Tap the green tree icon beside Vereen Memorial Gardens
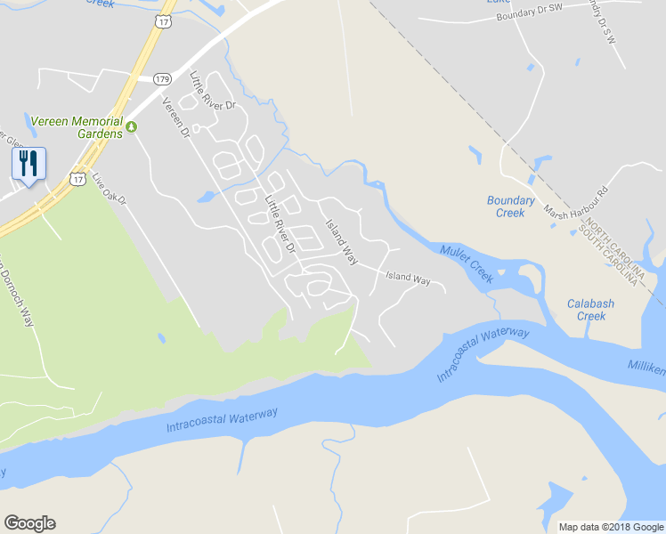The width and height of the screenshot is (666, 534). [x=132, y=126]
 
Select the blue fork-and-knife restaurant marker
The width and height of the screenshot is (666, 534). [x=28, y=163]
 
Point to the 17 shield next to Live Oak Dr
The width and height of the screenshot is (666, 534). [x=78, y=179]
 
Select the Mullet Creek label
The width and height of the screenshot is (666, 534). [x=466, y=264]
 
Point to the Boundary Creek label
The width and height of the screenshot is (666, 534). [x=511, y=206]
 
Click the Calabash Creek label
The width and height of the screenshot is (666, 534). [x=590, y=310]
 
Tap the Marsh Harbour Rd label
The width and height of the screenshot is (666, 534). [x=577, y=201]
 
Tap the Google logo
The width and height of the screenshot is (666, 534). [x=29, y=523]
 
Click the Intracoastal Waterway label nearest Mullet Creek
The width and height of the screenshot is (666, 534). [x=483, y=355]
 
